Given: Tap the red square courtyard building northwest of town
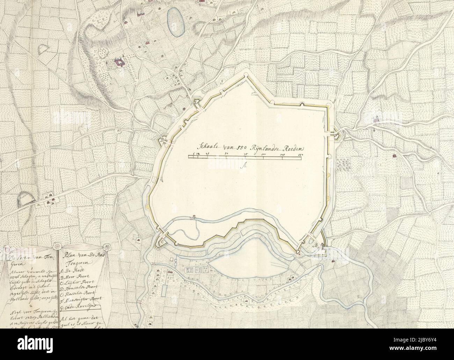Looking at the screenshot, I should pyautogui.click(x=119, y=63).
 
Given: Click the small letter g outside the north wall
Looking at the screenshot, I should pyautogui.click(x=221, y=82).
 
